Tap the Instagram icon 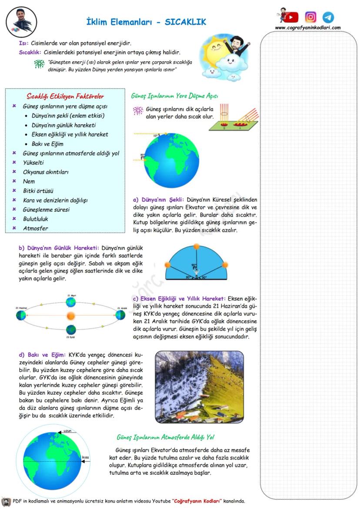310,17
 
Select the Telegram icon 328,17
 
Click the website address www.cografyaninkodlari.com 307,28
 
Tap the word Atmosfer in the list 36,228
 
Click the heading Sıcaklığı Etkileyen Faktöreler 65,96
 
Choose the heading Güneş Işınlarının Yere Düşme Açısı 174,96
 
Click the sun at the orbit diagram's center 71,315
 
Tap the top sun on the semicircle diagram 196,247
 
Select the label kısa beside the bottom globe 85,457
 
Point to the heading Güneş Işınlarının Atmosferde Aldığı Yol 165,437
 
